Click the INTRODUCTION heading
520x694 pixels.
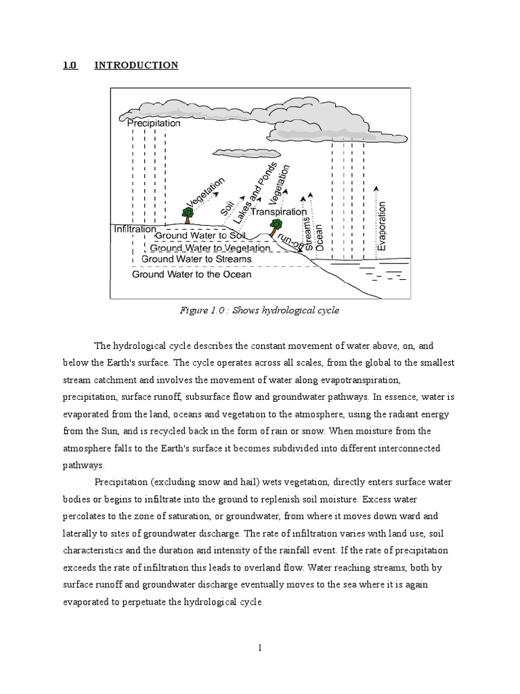[x=136, y=65]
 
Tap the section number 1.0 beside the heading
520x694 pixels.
[x=70, y=65]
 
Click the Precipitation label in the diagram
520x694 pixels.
[x=154, y=123]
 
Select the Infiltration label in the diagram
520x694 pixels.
[x=135, y=229]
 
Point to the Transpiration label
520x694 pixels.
[x=278, y=211]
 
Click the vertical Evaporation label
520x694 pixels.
[x=381, y=226]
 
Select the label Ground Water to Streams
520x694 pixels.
[x=196, y=259]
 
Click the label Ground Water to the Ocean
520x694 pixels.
[x=192, y=274]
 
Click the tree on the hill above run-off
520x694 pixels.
[x=275, y=226]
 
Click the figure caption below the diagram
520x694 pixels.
[x=259, y=310]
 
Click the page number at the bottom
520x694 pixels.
[x=259, y=648]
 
